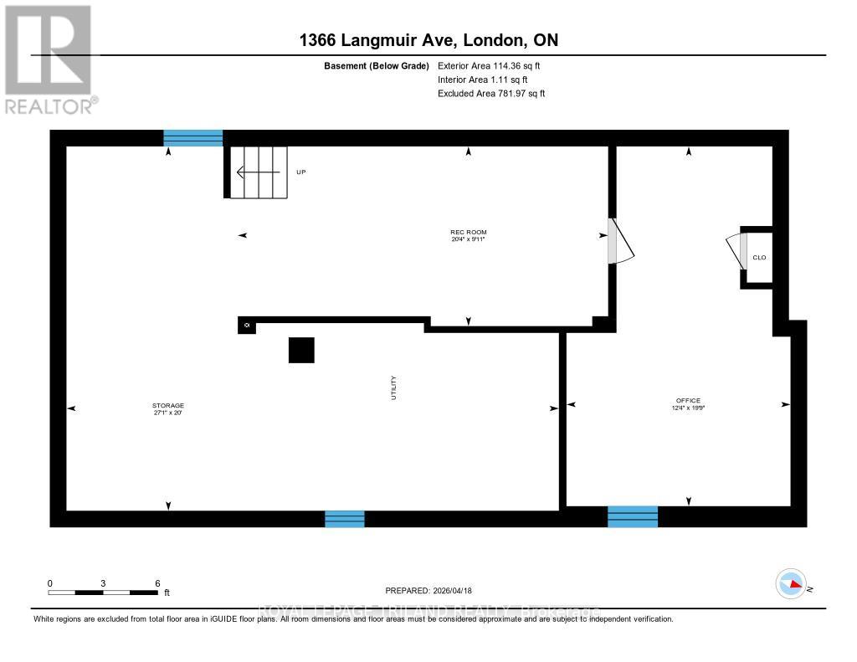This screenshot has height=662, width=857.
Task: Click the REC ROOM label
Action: pyautogui.click(x=468, y=233)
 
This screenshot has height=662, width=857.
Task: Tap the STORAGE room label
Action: pyautogui.click(x=168, y=406)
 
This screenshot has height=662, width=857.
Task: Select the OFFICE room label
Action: pyautogui.click(x=689, y=401)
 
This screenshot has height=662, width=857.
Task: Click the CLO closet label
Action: pyautogui.click(x=759, y=258)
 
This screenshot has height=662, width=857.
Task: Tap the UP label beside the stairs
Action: pyautogui.click(x=301, y=172)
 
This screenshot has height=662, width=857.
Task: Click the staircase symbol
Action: pyautogui.click(x=259, y=172)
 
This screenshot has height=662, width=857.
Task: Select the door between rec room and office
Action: pyautogui.click(x=620, y=242)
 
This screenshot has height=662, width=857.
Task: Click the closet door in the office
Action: pyautogui.click(x=735, y=250)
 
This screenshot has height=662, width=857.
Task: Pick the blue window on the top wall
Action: pyautogui.click(x=193, y=138)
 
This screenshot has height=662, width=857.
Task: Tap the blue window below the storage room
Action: pyautogui.click(x=345, y=519)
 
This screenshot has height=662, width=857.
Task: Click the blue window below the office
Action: pyautogui.click(x=633, y=516)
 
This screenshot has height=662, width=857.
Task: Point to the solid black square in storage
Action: pyautogui.click(x=301, y=350)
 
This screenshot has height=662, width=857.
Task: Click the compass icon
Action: pyautogui.click(x=790, y=583)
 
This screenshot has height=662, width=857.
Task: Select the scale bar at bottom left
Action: pyautogui.click(x=103, y=593)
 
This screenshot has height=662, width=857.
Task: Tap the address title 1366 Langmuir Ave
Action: pyautogui.click(x=428, y=40)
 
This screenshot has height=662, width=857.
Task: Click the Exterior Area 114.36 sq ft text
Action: pyautogui.click(x=495, y=65)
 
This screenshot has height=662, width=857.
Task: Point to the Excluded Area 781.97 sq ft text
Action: pyautogui.click(x=491, y=94)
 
